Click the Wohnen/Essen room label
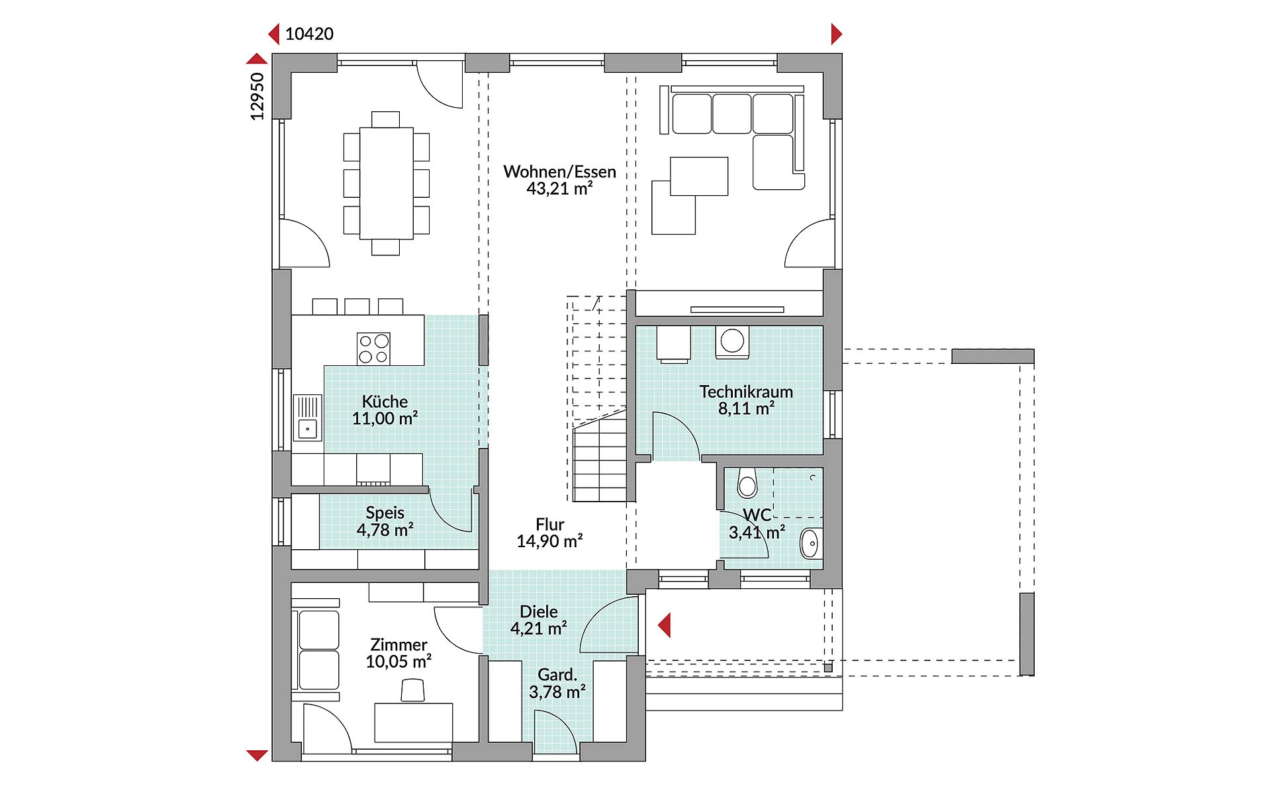coord(559,172)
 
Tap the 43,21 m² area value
coord(559,189)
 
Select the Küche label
coord(385,402)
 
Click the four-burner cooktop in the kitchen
coord(373,349)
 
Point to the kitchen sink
coord(308,418)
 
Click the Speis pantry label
coord(385,513)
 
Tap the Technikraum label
coord(746,392)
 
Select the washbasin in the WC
coord(810,544)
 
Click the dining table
coord(386,183)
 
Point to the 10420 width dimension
coord(309,34)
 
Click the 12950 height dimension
coord(258,97)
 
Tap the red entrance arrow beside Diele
coord(664,625)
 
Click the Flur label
coord(550,525)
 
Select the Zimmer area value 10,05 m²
coord(399,661)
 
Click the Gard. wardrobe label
coord(557,676)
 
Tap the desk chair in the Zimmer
coord(413,690)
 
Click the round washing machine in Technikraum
coord(732,342)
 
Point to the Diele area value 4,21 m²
coord(538,628)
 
